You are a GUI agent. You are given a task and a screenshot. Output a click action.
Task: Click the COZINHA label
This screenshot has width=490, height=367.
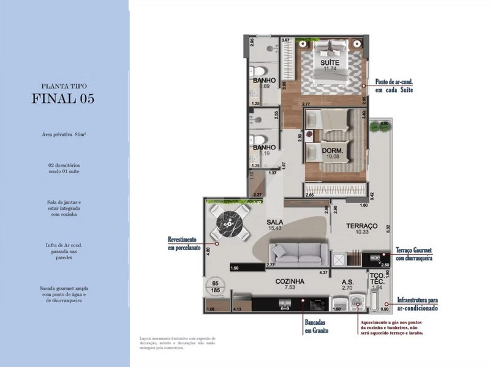tap(289, 281)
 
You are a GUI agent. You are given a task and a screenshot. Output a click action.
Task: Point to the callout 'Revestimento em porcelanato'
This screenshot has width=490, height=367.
tap(184, 243)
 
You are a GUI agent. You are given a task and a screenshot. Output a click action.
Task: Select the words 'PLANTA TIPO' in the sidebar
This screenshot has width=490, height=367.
tap(63, 86)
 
